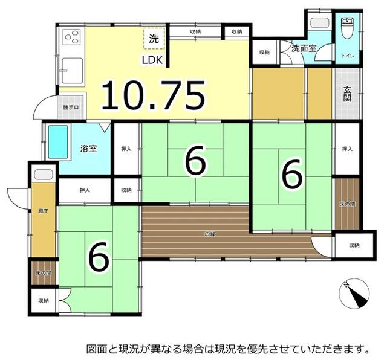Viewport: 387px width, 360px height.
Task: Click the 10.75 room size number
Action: (x=154, y=95)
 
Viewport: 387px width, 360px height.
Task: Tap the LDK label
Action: (x=152, y=60)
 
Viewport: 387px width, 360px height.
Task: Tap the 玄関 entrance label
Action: (x=348, y=94)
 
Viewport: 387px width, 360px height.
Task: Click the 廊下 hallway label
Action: (x=42, y=212)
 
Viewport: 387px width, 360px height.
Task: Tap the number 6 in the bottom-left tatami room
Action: (x=99, y=257)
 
